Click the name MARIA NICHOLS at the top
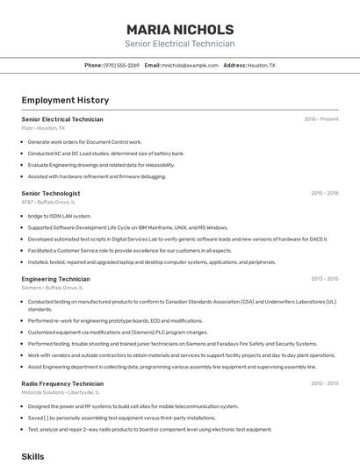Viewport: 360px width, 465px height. [179, 29]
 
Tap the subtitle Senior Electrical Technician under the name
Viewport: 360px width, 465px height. [179, 44]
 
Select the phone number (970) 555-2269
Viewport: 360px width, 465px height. [121, 65]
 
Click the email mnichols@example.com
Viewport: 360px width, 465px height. [190, 65]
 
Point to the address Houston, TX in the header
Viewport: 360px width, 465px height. [261, 65]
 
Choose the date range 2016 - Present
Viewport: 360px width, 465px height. [320, 119]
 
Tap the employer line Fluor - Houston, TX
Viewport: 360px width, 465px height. [43, 128]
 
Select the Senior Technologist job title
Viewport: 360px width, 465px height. [50, 193]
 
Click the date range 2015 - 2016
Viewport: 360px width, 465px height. [324, 193]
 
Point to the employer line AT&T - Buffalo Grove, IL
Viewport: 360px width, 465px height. [48, 202]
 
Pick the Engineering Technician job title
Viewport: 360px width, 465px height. [55, 279]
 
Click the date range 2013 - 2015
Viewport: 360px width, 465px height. [324, 279]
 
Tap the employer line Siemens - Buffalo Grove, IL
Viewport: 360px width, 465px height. [52, 288]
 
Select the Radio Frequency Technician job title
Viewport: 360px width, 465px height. [62, 383]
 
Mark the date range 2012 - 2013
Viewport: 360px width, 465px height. [324, 383]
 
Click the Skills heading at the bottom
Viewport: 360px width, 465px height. [32, 456]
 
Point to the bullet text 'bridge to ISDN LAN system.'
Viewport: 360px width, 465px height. [59, 216]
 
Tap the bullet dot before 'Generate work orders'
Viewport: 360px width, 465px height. [22, 141]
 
